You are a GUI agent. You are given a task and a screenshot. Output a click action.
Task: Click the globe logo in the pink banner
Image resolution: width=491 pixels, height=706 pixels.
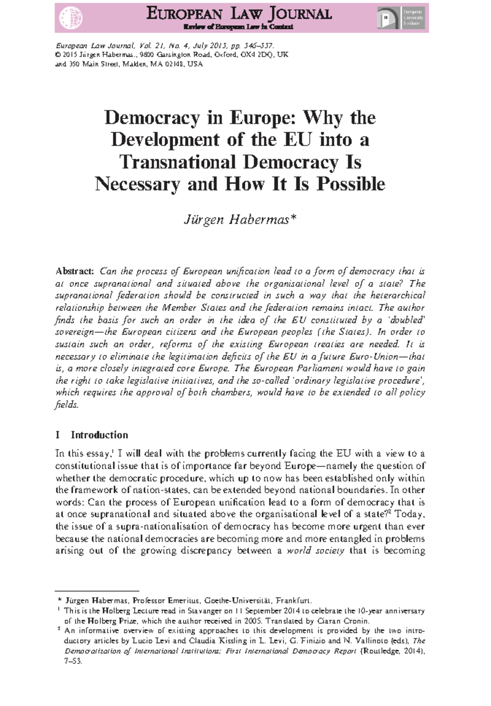[71, 18]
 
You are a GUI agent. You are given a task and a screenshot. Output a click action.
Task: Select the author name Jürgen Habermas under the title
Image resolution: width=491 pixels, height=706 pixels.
[239, 220]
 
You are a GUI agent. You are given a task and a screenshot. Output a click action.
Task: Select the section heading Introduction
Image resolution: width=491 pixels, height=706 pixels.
[99, 435]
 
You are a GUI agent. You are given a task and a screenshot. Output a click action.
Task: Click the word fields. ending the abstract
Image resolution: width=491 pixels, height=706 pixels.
[66, 405]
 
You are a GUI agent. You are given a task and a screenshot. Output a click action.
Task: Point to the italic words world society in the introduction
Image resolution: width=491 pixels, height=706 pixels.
[315, 551]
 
